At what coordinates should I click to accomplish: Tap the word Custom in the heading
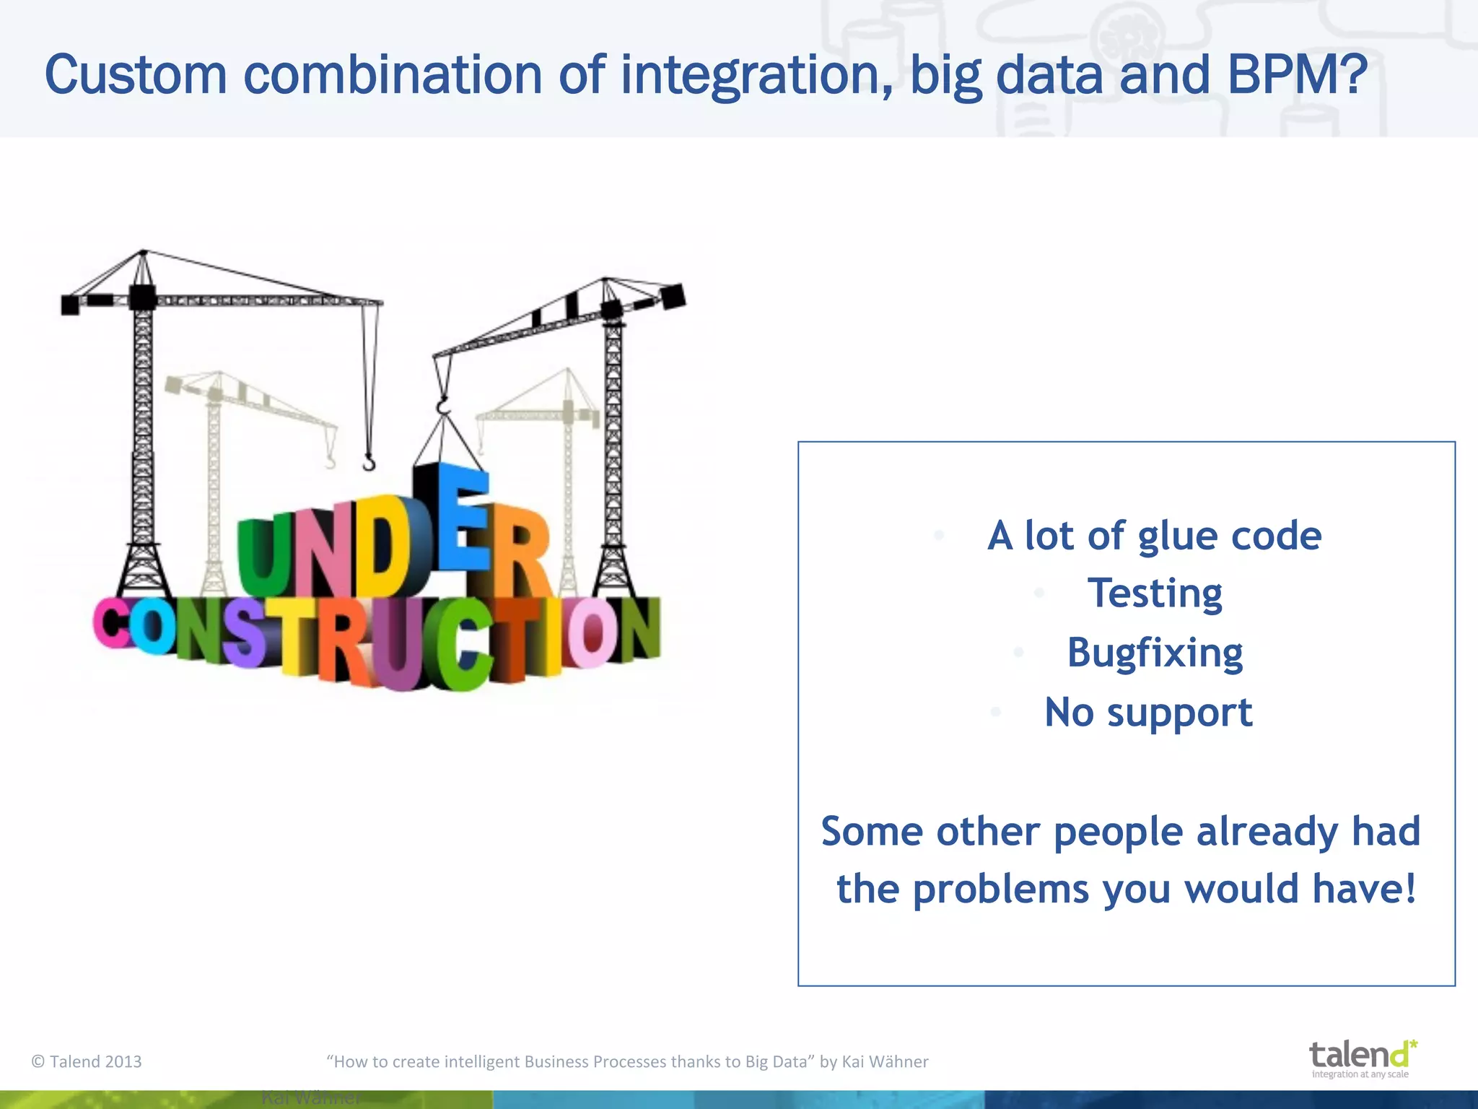pos(136,75)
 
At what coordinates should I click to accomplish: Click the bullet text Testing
pos(1155,593)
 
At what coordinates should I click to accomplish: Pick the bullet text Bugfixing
pos(1155,653)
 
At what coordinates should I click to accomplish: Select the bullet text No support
pos(1148,713)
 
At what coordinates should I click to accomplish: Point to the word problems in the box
pos(1000,890)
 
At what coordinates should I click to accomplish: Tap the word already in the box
pos(1267,832)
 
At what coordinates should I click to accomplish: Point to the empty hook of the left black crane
pos(369,462)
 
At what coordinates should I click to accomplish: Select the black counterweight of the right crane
pos(673,296)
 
